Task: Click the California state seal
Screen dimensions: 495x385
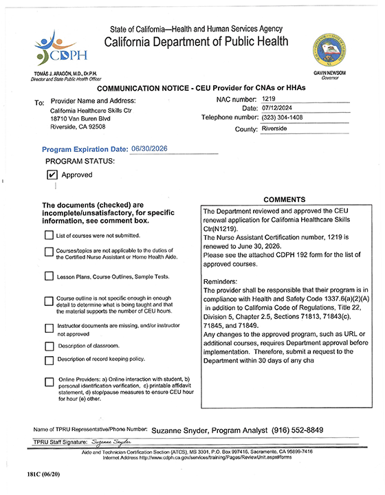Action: [329, 49]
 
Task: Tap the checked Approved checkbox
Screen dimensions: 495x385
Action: [52, 175]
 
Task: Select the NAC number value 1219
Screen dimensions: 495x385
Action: [269, 100]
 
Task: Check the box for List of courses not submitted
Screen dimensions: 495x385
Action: [49, 235]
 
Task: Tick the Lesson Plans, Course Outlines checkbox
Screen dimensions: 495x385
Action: [49, 276]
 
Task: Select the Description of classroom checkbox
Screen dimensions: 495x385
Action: [49, 345]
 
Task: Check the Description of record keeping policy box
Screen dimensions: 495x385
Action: [49, 360]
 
